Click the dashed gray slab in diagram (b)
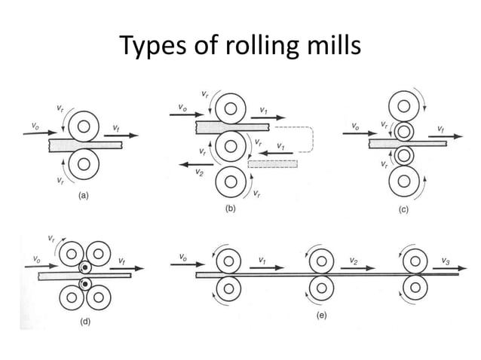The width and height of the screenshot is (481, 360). (272, 163)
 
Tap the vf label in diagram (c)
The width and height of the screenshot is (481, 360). (440, 130)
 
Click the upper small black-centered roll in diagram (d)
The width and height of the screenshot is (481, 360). (87, 267)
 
